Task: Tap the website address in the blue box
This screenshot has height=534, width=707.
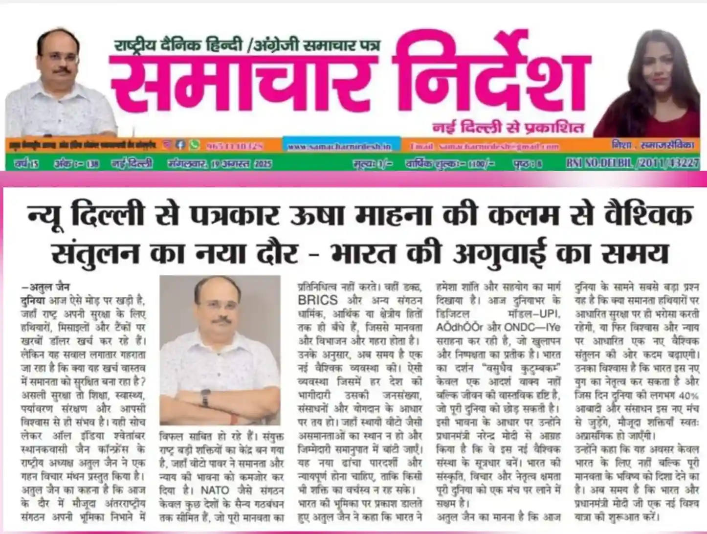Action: pyautogui.click(x=339, y=146)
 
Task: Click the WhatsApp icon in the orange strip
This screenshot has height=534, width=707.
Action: pyautogui.click(x=195, y=145)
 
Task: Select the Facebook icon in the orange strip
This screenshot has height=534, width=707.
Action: pyautogui.click(x=180, y=145)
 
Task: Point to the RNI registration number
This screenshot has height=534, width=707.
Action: pyautogui.click(x=633, y=163)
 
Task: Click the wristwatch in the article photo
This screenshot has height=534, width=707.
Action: pyautogui.click(x=205, y=398)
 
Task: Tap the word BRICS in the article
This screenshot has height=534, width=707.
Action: pyautogui.click(x=318, y=300)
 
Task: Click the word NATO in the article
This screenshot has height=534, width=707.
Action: pyautogui.click(x=215, y=489)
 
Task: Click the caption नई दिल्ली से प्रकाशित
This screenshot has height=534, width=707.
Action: pyautogui.click(x=508, y=128)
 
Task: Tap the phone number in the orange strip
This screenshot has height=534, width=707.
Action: pyautogui.click(x=235, y=146)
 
